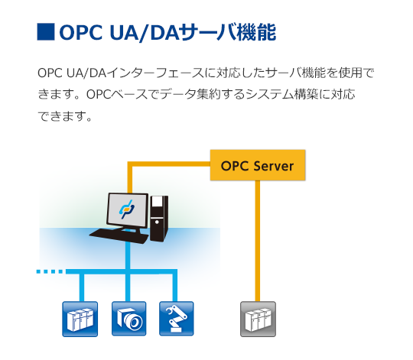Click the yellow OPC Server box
pyautogui.click(x=258, y=165)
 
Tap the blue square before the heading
pyautogui.click(x=46, y=32)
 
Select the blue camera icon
pyautogui.click(x=128, y=319)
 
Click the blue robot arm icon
pyautogui.click(x=177, y=319)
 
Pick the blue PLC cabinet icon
pyautogui.click(x=80, y=319)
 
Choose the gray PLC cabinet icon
pyautogui.click(x=259, y=319)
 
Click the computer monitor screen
pyautogui.click(x=128, y=209)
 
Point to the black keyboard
pyautogui.click(x=119, y=235)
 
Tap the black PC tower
pyautogui.click(x=159, y=218)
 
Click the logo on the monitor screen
pyautogui.click(x=127, y=209)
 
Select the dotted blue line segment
pyautogui.click(x=50, y=271)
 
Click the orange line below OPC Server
pyautogui.click(x=258, y=241)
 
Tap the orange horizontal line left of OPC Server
pyautogui.click(x=169, y=164)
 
